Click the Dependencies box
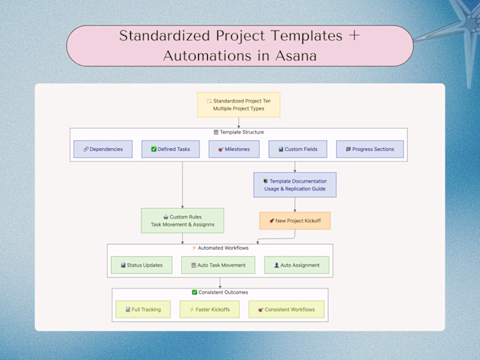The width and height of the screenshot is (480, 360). [x=102, y=149]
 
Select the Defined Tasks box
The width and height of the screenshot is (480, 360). [x=170, y=149]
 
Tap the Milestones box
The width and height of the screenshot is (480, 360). [x=234, y=149]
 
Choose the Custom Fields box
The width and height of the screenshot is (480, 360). [x=298, y=149]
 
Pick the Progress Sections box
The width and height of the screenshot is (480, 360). [x=370, y=149]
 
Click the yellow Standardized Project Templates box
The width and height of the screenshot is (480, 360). [x=239, y=105]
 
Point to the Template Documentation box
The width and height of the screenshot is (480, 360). [x=295, y=185]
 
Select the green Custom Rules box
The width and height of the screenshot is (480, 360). [x=182, y=221]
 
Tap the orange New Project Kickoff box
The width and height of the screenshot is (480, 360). [x=295, y=221]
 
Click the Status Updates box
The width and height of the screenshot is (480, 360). [x=141, y=265]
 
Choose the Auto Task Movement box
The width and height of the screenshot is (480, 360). [x=218, y=265]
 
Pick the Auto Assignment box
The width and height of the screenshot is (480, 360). [x=296, y=265]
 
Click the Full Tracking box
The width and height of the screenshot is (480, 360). [x=143, y=309]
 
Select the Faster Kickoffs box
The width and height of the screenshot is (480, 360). [x=210, y=309]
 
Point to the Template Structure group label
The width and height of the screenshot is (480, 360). [x=239, y=132]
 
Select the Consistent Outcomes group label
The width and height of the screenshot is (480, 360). [x=220, y=293]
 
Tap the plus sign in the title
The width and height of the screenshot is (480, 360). [x=354, y=36]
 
